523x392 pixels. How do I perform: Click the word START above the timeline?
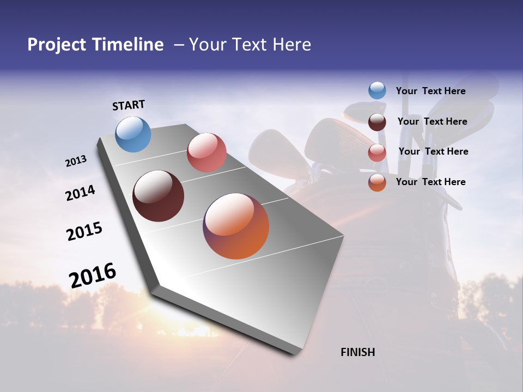point(129,105)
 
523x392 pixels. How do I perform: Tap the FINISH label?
point(358,352)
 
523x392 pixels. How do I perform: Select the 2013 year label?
point(76,161)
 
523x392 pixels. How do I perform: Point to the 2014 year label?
point(81,193)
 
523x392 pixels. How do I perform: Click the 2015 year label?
point(84,231)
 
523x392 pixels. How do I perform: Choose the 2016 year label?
point(93,275)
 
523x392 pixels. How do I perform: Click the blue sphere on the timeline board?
point(133,134)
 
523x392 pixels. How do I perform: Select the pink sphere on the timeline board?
point(206,152)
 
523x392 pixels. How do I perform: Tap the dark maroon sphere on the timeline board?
point(158,196)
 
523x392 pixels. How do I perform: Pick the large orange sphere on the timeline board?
point(236,226)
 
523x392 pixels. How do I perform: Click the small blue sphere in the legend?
point(377,91)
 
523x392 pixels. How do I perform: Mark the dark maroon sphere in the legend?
point(377,121)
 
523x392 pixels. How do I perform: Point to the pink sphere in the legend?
point(377,152)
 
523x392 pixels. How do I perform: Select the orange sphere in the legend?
point(377,182)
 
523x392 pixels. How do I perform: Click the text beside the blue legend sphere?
point(430,91)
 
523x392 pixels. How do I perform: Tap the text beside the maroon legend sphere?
point(432,121)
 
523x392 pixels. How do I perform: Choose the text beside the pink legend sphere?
point(433,151)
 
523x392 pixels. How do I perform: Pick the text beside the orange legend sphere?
point(430,182)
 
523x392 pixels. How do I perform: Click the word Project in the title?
point(57,45)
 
